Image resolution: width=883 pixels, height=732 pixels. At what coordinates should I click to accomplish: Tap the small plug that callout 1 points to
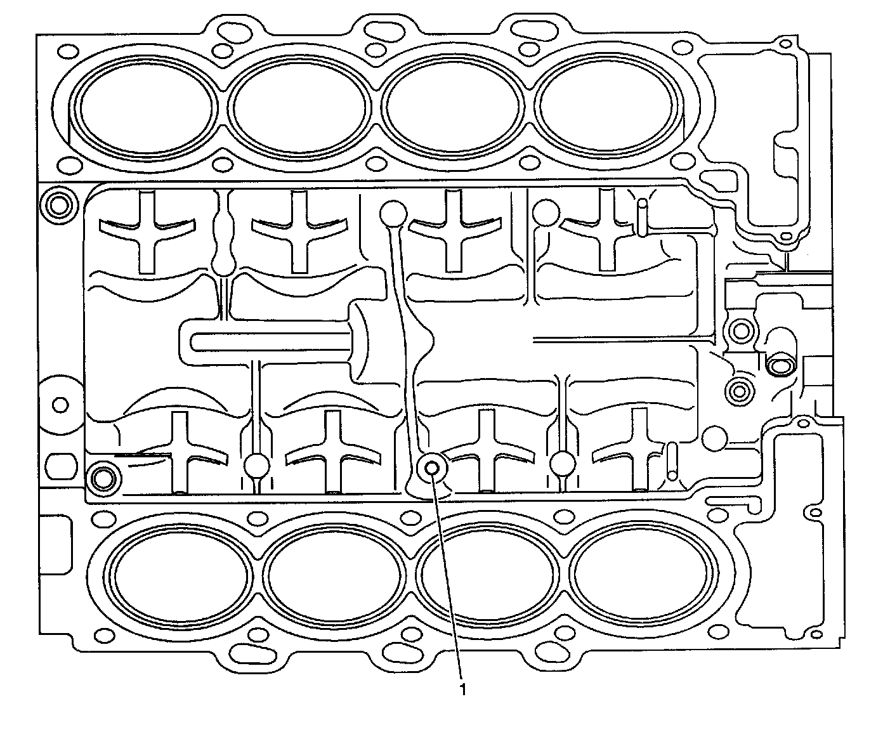coord(433,468)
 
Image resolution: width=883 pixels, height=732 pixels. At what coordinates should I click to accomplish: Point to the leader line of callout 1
coord(448,577)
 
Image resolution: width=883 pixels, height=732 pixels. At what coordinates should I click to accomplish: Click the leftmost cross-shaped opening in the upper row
coord(147,232)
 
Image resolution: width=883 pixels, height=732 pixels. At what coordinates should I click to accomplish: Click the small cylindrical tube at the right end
coord(779,365)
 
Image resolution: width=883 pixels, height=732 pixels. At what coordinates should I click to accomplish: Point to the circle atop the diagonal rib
coord(393,214)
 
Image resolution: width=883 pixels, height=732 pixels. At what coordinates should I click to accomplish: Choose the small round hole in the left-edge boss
coord(61,403)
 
